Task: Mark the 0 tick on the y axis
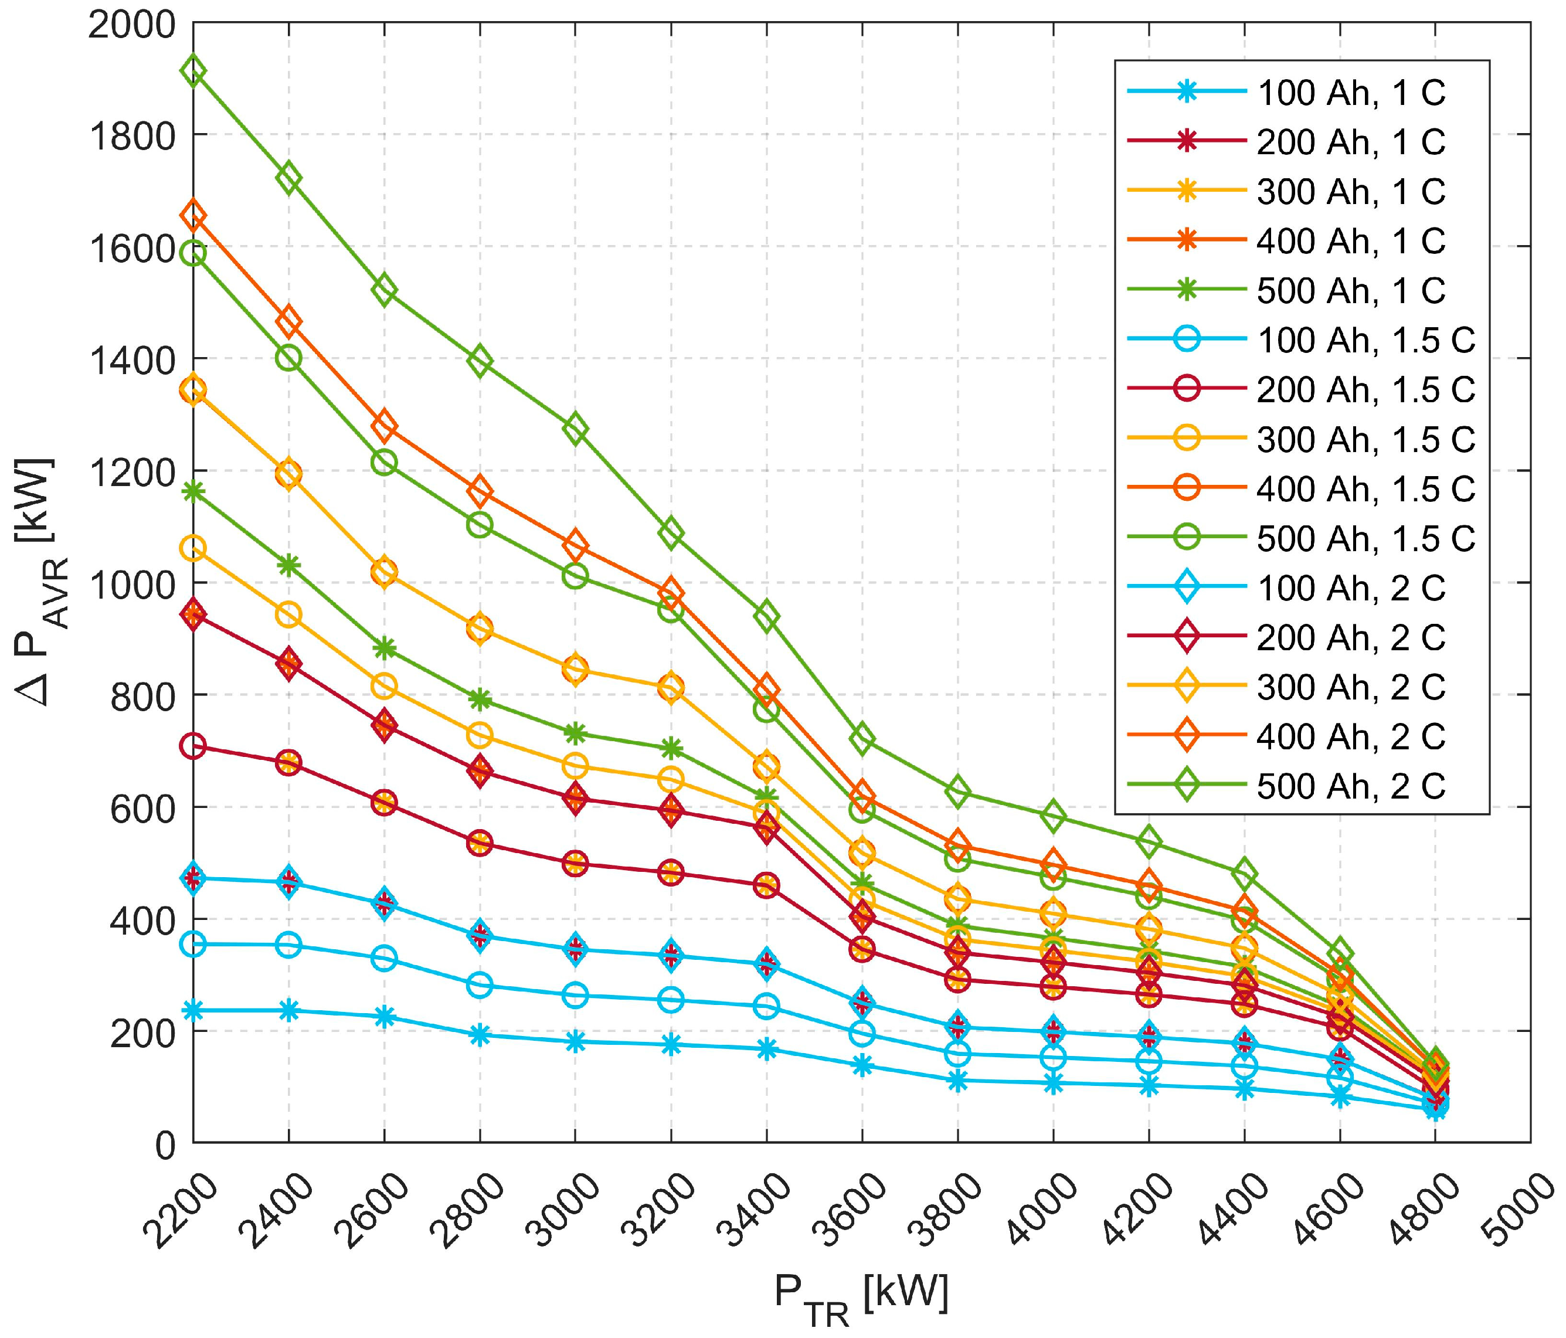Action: [x=167, y=1142]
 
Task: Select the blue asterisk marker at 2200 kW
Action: [x=193, y=1010]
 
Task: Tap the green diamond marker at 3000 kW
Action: [x=576, y=429]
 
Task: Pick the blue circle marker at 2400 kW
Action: [x=288, y=944]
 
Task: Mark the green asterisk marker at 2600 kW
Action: [x=384, y=648]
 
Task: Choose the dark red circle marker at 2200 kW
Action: [x=193, y=746]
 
